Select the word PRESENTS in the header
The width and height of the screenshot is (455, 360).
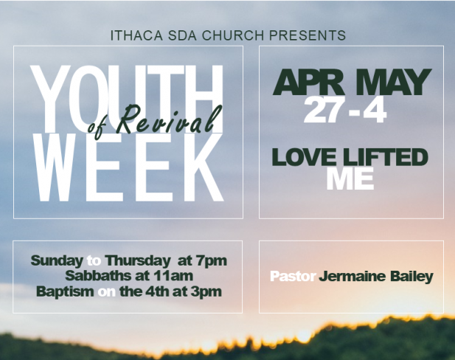pos(308,35)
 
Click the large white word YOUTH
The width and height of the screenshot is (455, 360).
pos(127,99)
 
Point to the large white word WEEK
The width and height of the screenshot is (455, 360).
pos(128,167)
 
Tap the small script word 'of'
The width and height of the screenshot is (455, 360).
pos(96,128)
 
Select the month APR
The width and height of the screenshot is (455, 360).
pos(308,82)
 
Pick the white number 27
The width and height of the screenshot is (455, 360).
pos(322,110)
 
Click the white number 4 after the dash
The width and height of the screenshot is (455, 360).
pos(375,110)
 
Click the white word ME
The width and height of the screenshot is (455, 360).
pos(350,179)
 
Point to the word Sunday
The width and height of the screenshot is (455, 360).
pos(57,261)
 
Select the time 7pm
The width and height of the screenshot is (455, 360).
pos(211,261)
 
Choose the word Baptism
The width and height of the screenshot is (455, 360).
pos(66,291)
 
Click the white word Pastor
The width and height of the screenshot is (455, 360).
pos(293,276)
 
